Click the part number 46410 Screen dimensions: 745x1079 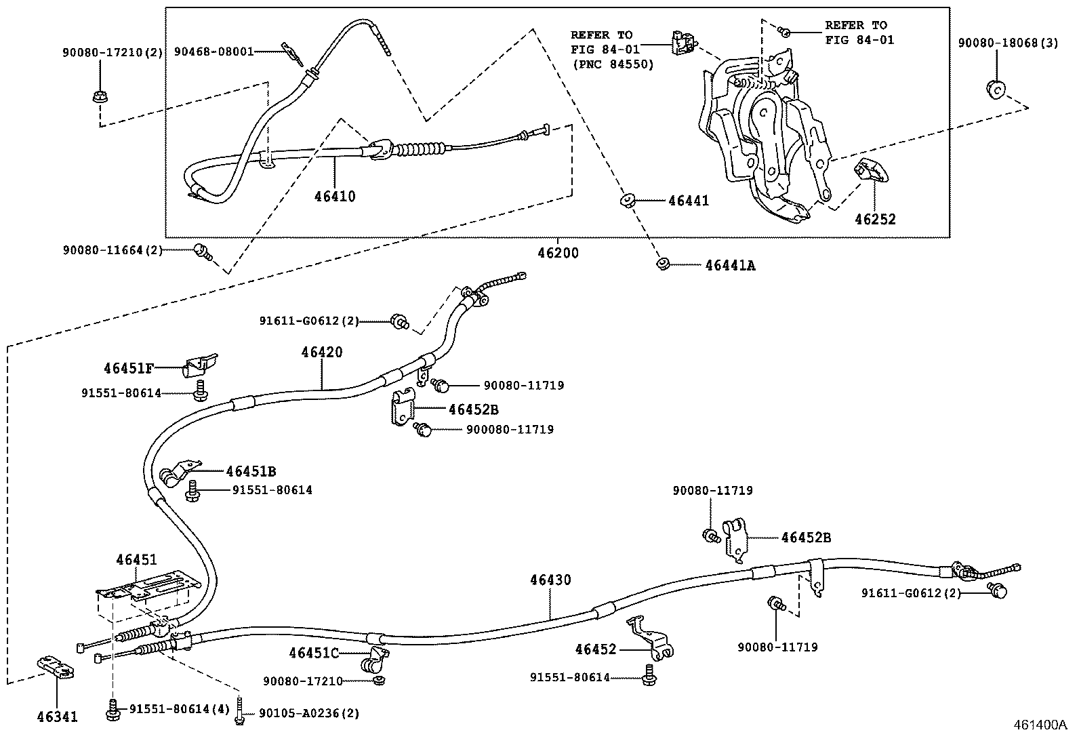coord(335,197)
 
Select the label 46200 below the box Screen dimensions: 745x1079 coord(558,253)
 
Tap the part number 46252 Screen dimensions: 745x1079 coord(874,219)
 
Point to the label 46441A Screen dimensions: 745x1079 coord(730,266)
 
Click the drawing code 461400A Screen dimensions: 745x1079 coord(1040,724)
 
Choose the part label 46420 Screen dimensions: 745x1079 coord(322,353)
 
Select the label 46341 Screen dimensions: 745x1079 coord(56,717)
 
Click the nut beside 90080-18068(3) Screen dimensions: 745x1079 coord(994,88)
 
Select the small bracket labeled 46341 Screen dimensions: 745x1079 coord(55,668)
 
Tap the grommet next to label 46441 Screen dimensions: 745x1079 coord(627,200)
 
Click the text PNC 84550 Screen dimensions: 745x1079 coord(613,65)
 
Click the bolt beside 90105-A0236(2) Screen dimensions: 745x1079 coord(239,712)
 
